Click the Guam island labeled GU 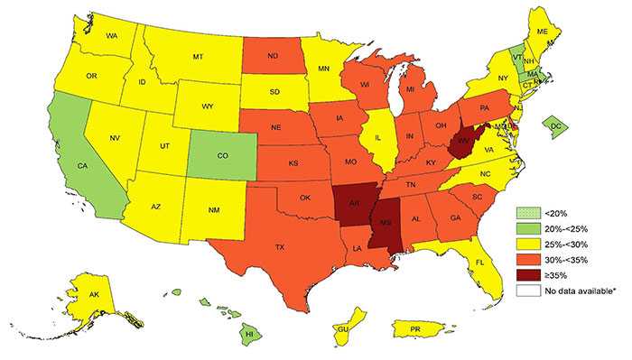342,330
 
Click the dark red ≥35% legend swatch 523,274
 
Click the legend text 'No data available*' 572,290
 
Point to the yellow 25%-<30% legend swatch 523,244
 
